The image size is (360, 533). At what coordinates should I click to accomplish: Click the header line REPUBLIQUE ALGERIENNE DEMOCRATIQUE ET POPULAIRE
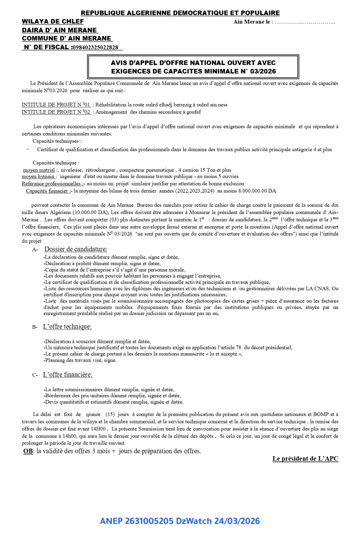click(180, 13)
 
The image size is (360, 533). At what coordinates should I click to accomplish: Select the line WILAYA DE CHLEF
click(52, 22)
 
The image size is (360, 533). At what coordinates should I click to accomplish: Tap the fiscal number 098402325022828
click(95, 47)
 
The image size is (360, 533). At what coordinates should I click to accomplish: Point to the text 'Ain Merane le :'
click(252, 22)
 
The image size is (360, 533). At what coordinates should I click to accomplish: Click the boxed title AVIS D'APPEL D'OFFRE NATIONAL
click(193, 67)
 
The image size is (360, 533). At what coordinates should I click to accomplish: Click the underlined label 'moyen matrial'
click(39, 170)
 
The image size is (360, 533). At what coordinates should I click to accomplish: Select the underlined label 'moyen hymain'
click(39, 177)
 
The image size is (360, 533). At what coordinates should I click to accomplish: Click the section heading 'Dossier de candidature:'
click(75, 249)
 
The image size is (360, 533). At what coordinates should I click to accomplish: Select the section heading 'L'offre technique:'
click(67, 326)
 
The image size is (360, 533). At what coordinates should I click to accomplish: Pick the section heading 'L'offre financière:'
click(67, 374)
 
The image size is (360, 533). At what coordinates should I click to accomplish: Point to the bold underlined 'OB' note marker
click(28, 451)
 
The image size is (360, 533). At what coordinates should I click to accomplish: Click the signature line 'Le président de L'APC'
click(305, 459)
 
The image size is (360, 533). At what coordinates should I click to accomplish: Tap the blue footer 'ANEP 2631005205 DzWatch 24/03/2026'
click(180, 521)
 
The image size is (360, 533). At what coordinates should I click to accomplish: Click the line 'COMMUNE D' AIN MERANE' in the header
click(67, 38)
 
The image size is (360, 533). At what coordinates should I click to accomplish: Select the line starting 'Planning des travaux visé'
click(80, 360)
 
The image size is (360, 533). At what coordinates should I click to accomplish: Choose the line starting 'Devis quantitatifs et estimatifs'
click(113, 402)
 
